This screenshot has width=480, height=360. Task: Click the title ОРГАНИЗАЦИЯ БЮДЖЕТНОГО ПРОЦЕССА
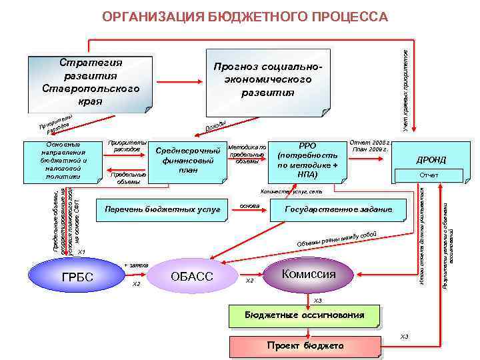[x=245, y=16]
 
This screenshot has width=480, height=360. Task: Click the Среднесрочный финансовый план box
[x=187, y=161]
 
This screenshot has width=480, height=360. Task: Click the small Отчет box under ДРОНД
[x=429, y=175]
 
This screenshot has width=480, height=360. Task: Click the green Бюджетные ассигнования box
[x=304, y=315]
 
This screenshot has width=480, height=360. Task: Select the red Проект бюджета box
[x=305, y=346]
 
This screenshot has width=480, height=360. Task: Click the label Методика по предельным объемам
[x=247, y=154]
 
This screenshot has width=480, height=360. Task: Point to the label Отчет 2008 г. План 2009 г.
[x=370, y=145]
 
